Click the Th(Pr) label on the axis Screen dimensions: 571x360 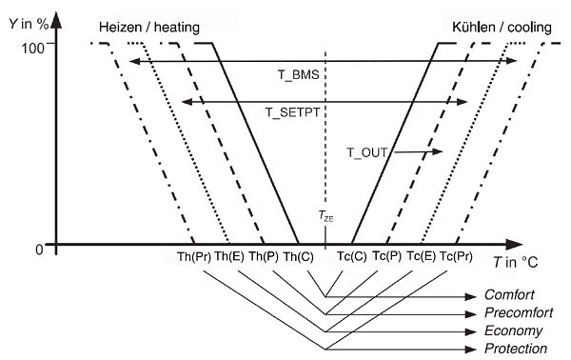[194, 257]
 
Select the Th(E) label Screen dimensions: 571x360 [229, 256]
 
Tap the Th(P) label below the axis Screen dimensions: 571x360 [264, 256]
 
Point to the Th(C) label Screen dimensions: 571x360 [298, 257]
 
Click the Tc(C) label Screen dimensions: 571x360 [351, 256]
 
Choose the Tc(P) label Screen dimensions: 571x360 [386, 256]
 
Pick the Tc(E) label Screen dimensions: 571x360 [421, 256]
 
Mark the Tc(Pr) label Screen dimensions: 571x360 [456, 256]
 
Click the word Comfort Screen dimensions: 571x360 [509, 294]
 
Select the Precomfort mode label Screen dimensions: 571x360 [519, 312]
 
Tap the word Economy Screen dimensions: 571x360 [514, 330]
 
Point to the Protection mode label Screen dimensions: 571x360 [516, 349]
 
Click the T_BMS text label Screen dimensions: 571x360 [299, 75]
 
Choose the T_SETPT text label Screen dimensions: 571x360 [292, 112]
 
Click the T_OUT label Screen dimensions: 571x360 [366, 152]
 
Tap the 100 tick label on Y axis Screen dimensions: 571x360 [32, 49]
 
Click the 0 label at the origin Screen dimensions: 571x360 [39, 250]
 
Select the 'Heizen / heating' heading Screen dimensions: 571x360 [149, 28]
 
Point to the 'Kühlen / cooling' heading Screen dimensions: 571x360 [502, 28]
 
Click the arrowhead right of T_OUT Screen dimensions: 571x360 [438, 150]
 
